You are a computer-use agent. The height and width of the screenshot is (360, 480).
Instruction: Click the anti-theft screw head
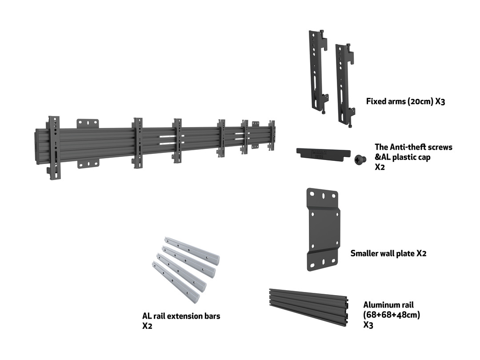point(359,159)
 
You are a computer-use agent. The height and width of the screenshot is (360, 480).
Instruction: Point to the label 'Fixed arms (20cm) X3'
point(405,101)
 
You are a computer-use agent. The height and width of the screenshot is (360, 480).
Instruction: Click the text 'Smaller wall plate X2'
point(388,253)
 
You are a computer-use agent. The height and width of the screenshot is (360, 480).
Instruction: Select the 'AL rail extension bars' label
point(181,316)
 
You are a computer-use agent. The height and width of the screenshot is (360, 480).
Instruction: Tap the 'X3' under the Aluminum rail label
point(368,325)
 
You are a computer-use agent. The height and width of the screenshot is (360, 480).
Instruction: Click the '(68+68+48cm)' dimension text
point(391,315)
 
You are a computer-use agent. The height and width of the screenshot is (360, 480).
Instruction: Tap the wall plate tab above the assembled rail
point(88,124)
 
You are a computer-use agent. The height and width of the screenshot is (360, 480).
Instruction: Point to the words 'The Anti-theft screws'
point(413,147)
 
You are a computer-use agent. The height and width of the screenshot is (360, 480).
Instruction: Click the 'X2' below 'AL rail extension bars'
point(148,326)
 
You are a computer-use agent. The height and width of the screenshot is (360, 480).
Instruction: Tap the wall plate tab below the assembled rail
point(88,164)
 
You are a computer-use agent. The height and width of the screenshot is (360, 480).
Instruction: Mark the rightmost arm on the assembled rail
point(272,136)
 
